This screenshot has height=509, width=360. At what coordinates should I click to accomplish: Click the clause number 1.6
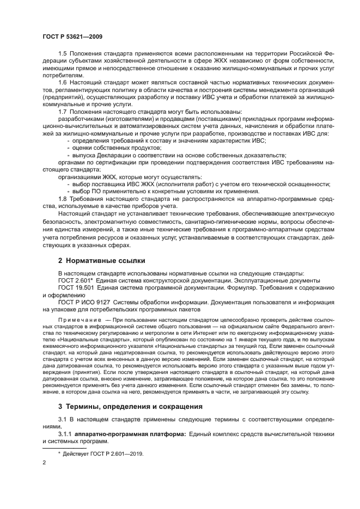[x=62, y=82]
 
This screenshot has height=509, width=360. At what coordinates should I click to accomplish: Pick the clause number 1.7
[x=62, y=111]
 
